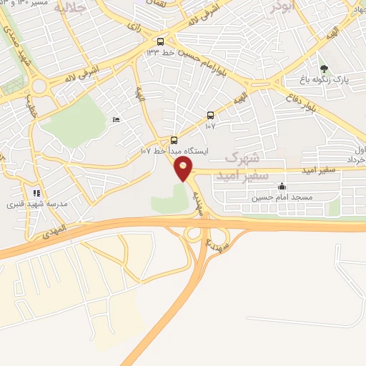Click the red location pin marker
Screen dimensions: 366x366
[x=184, y=169]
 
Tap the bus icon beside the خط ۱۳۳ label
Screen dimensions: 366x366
[x=160, y=41]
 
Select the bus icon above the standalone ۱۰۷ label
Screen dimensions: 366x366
[x=209, y=115]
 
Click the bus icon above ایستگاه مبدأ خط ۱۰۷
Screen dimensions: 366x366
[x=174, y=140]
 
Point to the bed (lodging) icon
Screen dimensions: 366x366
[x=117, y=120]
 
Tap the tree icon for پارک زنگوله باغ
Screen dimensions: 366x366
[x=325, y=69]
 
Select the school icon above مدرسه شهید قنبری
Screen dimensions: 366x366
[x=36, y=193]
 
